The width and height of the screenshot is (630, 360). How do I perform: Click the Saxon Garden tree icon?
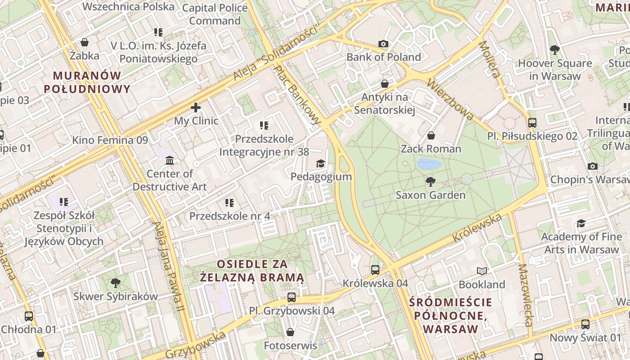[x=431, y=182]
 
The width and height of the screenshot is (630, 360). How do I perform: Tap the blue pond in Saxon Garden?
[x=429, y=164]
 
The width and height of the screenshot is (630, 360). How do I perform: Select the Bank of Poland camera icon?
[x=383, y=44]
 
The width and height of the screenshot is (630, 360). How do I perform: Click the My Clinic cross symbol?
[x=196, y=108]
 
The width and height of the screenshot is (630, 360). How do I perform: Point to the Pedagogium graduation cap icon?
[x=320, y=163]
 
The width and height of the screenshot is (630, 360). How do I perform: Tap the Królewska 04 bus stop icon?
[x=375, y=270]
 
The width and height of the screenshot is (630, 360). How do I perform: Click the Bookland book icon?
[x=482, y=271]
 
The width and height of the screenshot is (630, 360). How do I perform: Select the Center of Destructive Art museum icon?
[x=170, y=161]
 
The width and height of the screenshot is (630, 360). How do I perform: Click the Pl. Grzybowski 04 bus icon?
[x=292, y=297]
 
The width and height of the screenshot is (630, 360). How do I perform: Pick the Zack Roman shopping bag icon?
[x=431, y=135]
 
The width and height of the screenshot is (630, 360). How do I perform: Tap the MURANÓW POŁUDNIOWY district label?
[x=87, y=82]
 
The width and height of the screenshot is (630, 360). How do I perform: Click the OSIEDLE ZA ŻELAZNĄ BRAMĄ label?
[x=252, y=270]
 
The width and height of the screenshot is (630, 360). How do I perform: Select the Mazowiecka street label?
[x=525, y=295]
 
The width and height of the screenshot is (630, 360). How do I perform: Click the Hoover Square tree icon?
[x=555, y=50]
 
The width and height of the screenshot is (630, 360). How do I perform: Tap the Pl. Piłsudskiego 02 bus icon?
[x=532, y=122]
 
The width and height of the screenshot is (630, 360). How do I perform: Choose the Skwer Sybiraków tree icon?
[x=116, y=283]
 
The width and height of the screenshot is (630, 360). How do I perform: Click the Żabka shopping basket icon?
[x=85, y=42]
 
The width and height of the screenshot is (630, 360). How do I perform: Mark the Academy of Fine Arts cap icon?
[x=581, y=223]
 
